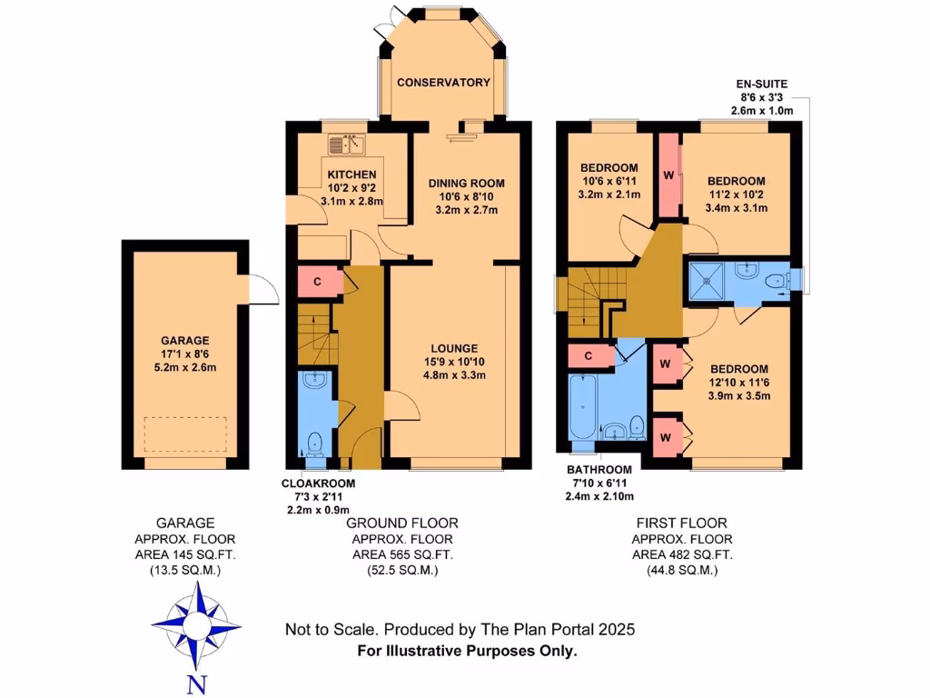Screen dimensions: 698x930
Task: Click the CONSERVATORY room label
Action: [443, 83]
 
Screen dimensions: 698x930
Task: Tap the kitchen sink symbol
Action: [346, 144]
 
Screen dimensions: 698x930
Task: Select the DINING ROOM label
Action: [467, 183]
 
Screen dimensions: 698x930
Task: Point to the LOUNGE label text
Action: [455, 348]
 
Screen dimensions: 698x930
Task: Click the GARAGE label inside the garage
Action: [186, 340]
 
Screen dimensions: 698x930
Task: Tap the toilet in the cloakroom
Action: [314, 444]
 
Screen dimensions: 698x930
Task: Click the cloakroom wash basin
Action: [314, 381]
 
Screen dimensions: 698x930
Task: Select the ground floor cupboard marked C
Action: [318, 281]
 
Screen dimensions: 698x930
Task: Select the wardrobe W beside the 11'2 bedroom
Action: [668, 174]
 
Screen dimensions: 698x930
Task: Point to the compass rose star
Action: [196, 625]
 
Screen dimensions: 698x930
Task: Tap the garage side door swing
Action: [262, 288]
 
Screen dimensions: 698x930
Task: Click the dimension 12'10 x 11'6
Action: [738, 384]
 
